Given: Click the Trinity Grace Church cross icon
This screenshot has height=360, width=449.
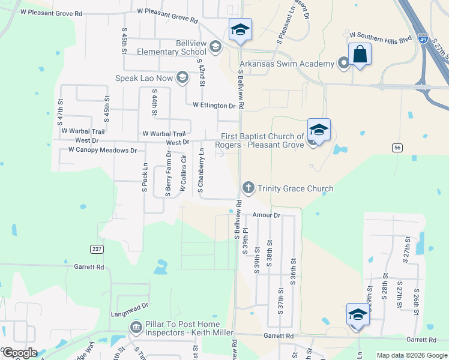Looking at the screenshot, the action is (248, 188).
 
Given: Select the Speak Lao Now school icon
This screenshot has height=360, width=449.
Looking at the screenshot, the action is (182, 77).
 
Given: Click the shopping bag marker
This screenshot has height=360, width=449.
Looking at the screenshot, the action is (360, 54).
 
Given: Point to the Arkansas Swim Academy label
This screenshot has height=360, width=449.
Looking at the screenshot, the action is (287, 64).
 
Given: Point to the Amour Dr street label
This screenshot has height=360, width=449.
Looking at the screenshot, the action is (267, 215).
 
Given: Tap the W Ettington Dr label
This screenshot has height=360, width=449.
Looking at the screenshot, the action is (214, 105).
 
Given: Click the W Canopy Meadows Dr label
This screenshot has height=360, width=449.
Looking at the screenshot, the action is (102, 150).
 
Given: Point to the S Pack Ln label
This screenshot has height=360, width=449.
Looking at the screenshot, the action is (145, 178).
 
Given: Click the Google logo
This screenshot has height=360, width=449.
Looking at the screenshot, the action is (20, 353).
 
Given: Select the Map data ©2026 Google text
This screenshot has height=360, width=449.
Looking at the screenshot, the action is (412, 355).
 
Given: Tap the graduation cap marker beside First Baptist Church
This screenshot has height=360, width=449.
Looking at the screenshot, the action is (319, 130).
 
